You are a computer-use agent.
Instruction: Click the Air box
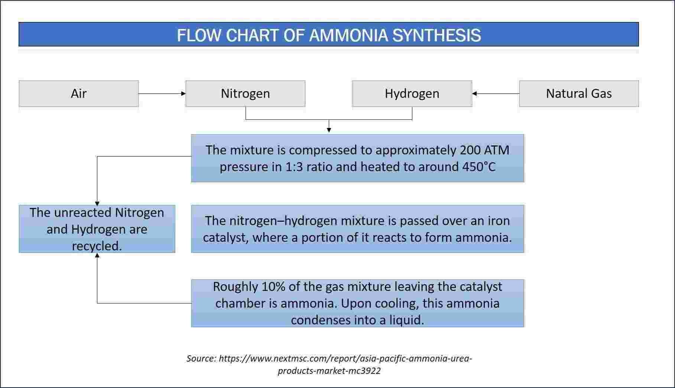(x=79, y=93)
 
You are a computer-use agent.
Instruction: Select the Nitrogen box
(x=245, y=93)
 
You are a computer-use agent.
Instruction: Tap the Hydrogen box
(x=412, y=93)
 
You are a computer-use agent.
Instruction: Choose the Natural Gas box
(x=579, y=93)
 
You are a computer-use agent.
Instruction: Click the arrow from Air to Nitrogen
(x=162, y=94)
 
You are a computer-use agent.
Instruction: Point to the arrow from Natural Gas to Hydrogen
(x=496, y=94)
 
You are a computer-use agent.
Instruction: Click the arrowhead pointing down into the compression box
(x=329, y=130)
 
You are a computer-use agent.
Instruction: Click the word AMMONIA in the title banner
(x=348, y=35)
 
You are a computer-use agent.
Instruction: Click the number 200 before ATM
(x=470, y=150)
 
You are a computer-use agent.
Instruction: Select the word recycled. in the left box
(x=97, y=246)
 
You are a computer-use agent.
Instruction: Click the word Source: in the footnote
(x=201, y=358)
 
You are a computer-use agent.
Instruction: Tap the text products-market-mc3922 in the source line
(x=329, y=371)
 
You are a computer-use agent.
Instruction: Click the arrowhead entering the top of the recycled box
(x=97, y=203)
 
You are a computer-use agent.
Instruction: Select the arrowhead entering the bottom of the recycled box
(x=97, y=255)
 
